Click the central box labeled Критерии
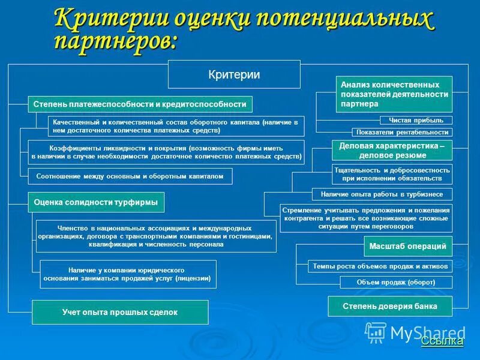click(234, 74)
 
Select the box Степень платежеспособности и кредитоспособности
click(140, 104)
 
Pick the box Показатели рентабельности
click(402, 132)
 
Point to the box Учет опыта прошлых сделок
click(120, 313)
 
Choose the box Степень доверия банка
click(390, 307)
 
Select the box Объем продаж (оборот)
click(396, 282)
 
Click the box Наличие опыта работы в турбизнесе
click(382, 194)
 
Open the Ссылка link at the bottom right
click(442, 341)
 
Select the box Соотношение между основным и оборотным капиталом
click(130, 176)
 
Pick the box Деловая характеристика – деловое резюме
click(391, 151)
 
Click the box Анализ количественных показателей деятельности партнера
click(394, 94)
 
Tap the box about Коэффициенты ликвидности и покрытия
click(166, 152)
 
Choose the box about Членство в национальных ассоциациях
click(156, 236)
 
